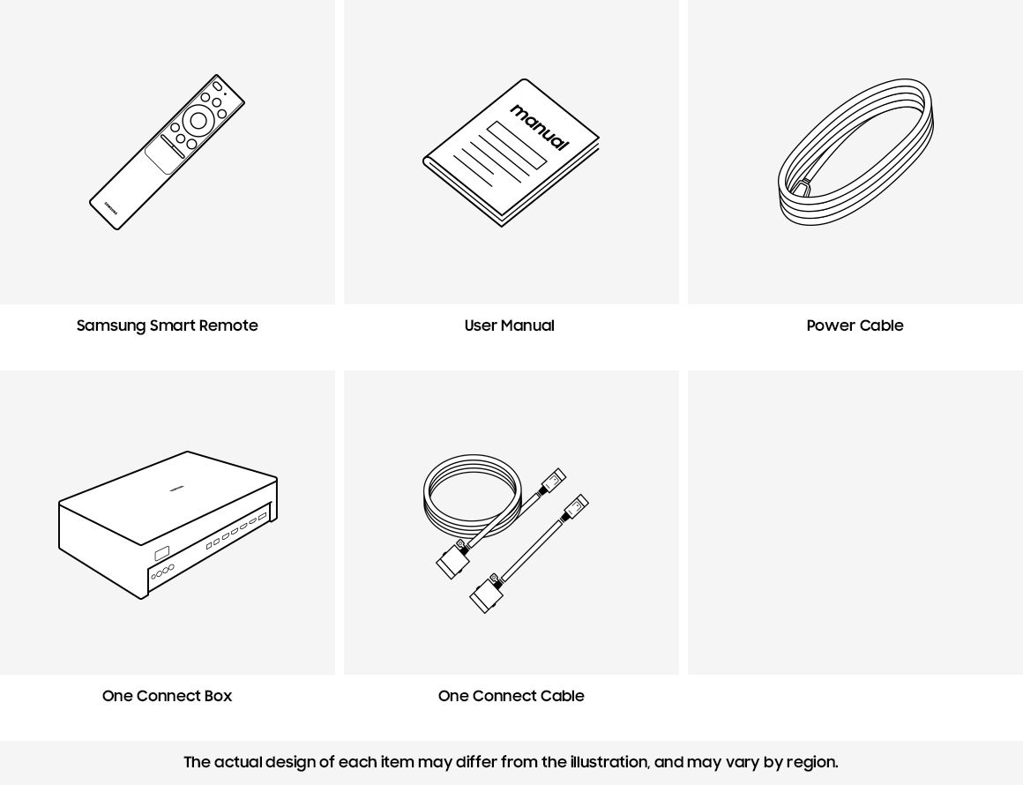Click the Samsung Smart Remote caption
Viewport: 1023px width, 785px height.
[167, 325]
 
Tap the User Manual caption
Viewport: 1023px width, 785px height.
[510, 325]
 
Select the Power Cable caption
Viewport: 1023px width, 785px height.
[855, 325]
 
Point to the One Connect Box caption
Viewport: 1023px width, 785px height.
[167, 696]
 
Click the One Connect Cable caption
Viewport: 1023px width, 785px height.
[511, 696]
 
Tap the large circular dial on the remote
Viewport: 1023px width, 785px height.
[198, 121]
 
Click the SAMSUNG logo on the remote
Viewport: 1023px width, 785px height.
[111, 208]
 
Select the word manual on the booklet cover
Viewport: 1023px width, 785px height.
[540, 127]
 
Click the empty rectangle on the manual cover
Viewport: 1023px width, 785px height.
[516, 145]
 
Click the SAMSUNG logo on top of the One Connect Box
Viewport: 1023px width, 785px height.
[177, 489]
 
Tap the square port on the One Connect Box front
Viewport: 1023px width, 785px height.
[161, 555]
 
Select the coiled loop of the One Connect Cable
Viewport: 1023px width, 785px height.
[473, 496]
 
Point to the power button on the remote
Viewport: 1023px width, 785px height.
[217, 86]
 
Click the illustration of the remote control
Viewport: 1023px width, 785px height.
[167, 152]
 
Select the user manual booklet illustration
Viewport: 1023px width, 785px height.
[511, 153]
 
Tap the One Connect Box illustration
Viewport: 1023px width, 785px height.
[168, 525]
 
